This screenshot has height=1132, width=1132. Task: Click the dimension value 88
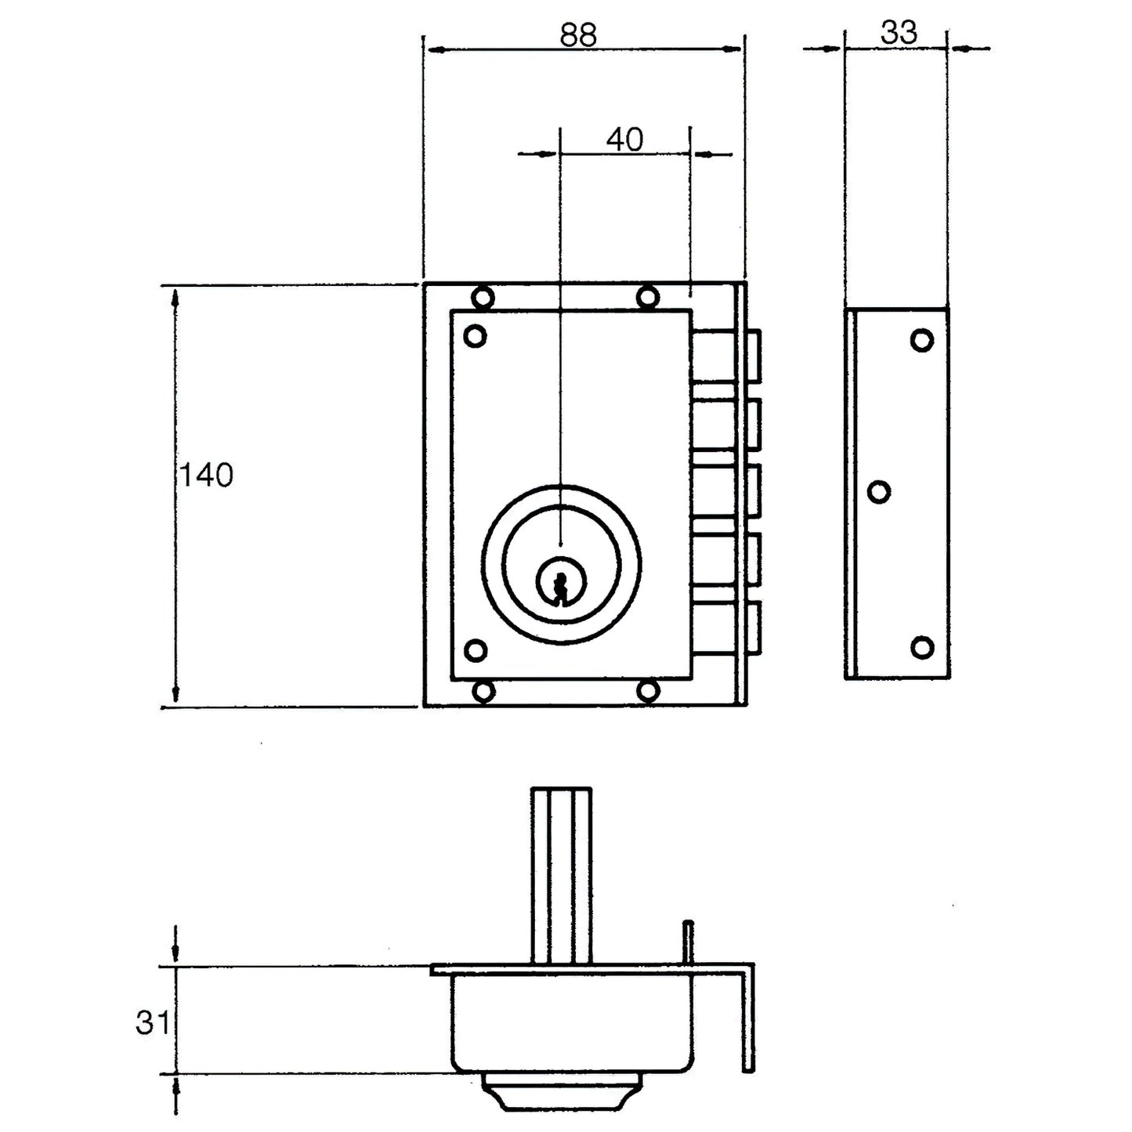coord(578,34)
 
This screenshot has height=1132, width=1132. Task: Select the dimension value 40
coord(624,139)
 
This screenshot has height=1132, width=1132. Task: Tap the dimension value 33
coord(898,33)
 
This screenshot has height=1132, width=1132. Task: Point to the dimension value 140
coord(207,476)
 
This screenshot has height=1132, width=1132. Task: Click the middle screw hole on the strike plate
coord(879,491)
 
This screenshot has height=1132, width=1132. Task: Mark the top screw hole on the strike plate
coord(922,340)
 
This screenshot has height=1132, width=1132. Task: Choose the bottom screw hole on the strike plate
coord(922,647)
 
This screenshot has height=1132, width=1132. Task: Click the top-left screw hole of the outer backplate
coord(483,297)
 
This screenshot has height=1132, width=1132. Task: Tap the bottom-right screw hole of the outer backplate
coord(647,691)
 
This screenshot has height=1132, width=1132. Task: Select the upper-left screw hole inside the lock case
coord(475,336)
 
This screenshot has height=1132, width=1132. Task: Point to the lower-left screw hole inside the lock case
coord(475,650)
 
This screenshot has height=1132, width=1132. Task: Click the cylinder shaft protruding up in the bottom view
coord(560,875)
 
